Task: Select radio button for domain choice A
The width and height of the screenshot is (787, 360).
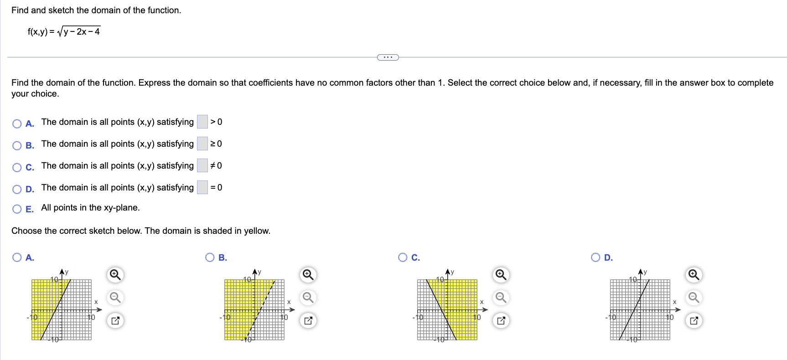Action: point(17,123)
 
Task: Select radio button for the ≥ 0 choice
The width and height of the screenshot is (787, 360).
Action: point(17,145)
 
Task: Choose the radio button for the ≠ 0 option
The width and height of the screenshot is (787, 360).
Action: point(17,167)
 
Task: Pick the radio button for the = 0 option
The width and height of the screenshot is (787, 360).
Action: point(17,189)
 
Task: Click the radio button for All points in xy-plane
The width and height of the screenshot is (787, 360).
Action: point(17,209)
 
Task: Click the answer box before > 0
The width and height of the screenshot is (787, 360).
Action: point(202,122)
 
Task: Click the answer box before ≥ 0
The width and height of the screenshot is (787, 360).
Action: point(202,144)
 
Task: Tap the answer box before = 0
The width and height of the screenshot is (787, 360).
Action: point(202,187)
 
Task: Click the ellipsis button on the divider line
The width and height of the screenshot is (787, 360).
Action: point(388,57)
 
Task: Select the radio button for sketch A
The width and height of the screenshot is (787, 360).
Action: point(17,257)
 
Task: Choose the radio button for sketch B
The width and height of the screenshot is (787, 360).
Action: point(210,257)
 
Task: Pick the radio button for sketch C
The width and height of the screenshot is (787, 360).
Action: point(403,257)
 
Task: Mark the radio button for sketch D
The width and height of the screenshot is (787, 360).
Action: point(595,257)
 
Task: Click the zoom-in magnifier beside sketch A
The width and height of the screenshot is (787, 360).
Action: point(115,275)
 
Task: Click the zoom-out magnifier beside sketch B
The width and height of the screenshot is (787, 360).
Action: point(308,298)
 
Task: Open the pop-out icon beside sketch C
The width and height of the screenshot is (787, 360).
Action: point(501,320)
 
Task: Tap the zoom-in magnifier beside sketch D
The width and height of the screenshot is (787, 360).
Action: point(694,275)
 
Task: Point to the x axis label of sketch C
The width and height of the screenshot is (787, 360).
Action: point(482,302)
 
